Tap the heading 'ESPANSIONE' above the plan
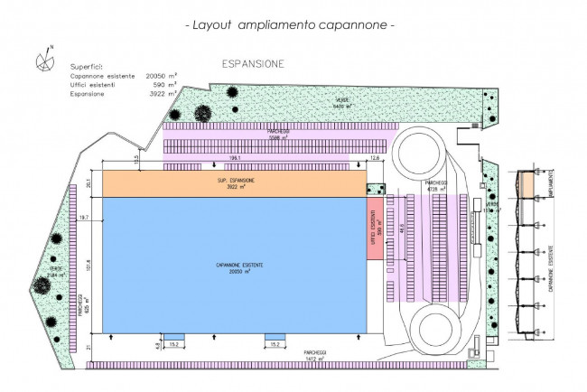[254, 65]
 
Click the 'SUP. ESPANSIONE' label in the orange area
[235, 181]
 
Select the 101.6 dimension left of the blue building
[90, 266]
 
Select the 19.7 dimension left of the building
[85, 218]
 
